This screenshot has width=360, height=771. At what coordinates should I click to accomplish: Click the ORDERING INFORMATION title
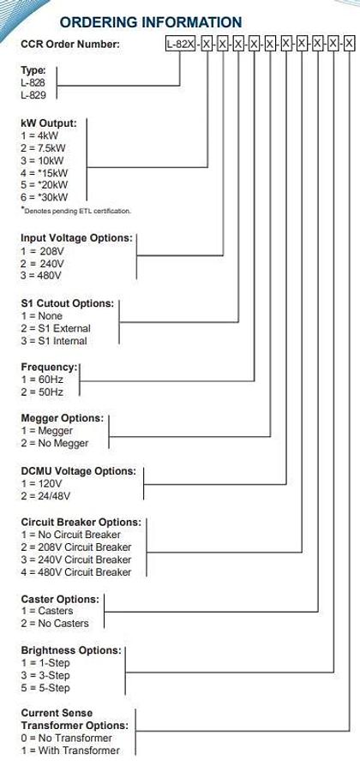pyautogui.click(x=151, y=22)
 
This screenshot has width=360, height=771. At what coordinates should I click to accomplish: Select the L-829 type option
pyautogui.click(x=34, y=95)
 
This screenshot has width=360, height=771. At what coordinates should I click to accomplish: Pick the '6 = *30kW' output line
pyautogui.click(x=45, y=197)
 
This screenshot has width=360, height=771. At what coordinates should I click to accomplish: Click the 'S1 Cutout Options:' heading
pyautogui.click(x=67, y=303)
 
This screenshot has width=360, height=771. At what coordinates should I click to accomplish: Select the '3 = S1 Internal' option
pyautogui.click(x=54, y=340)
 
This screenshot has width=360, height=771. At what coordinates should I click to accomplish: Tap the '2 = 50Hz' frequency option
pyautogui.click(x=42, y=391)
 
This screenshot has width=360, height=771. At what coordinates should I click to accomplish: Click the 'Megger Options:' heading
pyautogui.click(x=62, y=419)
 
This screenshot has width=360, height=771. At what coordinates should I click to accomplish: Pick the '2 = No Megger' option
pyautogui.click(x=53, y=444)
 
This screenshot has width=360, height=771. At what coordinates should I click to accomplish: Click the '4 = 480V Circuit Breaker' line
pyautogui.click(x=76, y=571)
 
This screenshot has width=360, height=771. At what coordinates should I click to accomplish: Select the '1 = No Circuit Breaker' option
pyautogui.click(x=71, y=535)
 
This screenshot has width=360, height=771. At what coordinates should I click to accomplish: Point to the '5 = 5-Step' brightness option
pyautogui.click(x=45, y=687)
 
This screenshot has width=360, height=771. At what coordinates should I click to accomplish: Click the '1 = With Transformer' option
pyautogui.click(x=70, y=750)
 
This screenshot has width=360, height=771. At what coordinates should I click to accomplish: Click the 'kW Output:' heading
pyautogui.click(x=49, y=123)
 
